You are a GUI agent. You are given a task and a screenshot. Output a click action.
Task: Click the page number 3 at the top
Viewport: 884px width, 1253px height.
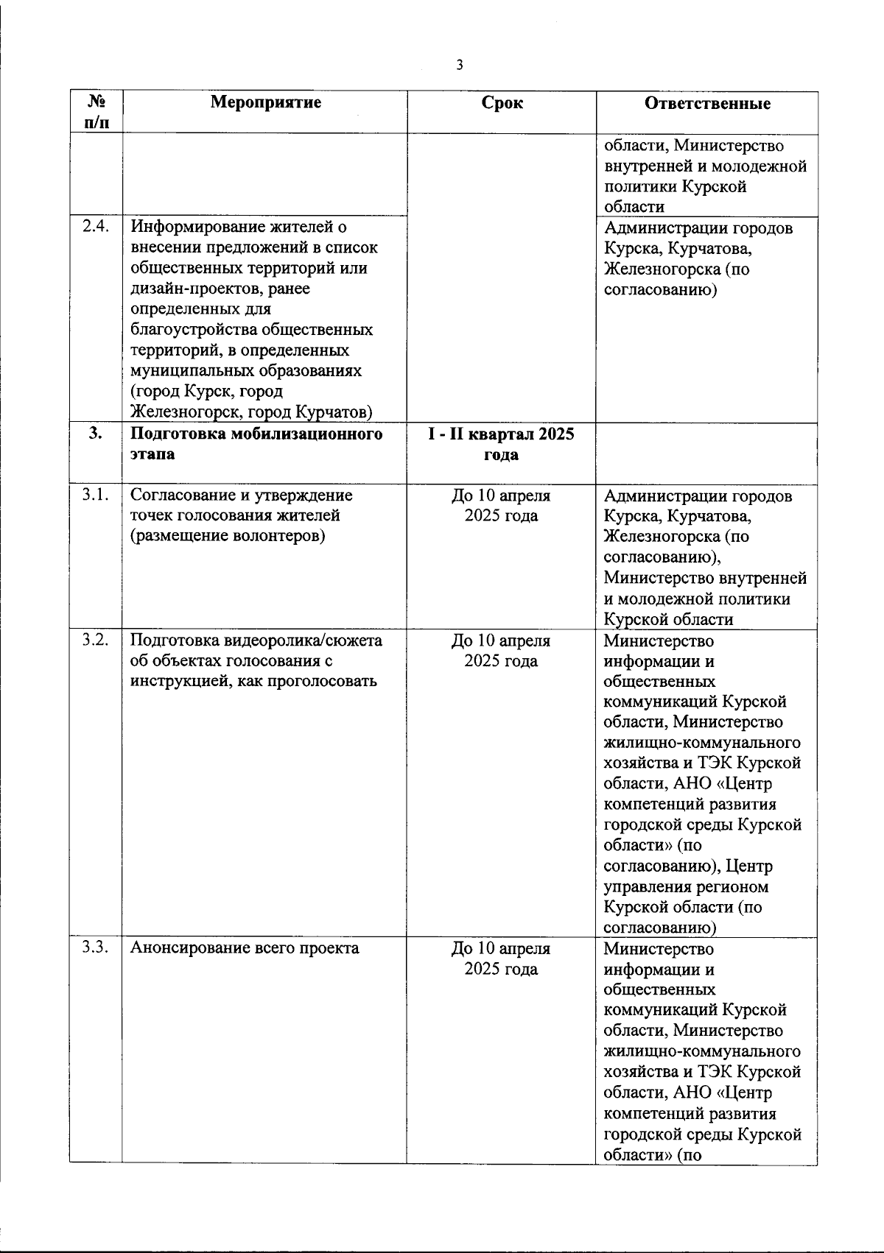460,66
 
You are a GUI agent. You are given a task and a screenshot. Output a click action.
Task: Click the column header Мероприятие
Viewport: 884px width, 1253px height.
266,102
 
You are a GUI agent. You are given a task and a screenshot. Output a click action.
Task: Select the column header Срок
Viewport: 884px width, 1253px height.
502,103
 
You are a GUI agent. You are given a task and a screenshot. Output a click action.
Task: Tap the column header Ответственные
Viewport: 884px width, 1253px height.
707,103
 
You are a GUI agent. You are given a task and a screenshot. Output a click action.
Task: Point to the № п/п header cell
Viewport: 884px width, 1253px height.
96,112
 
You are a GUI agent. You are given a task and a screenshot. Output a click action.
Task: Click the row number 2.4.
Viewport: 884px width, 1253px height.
96,227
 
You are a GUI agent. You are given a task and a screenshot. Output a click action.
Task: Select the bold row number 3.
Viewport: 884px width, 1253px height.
96,434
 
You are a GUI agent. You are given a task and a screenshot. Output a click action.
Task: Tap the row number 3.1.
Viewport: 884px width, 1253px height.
96,495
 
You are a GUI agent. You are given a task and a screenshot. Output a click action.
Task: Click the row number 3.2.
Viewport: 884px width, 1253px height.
96,640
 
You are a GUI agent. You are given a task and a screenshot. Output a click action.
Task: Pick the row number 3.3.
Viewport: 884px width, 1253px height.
96,947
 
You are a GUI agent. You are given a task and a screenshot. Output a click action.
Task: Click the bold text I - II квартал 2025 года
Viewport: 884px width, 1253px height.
502,444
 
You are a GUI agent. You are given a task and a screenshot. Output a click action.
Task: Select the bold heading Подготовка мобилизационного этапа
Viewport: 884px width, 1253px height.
256,444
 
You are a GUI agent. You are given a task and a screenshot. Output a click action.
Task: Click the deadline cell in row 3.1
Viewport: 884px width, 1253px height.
501,506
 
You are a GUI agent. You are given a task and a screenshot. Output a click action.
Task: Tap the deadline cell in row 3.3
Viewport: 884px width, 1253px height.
501,958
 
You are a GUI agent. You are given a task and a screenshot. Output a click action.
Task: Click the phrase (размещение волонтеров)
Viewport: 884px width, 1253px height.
228,537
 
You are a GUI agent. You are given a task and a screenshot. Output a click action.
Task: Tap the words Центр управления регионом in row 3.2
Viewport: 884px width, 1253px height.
685,877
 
